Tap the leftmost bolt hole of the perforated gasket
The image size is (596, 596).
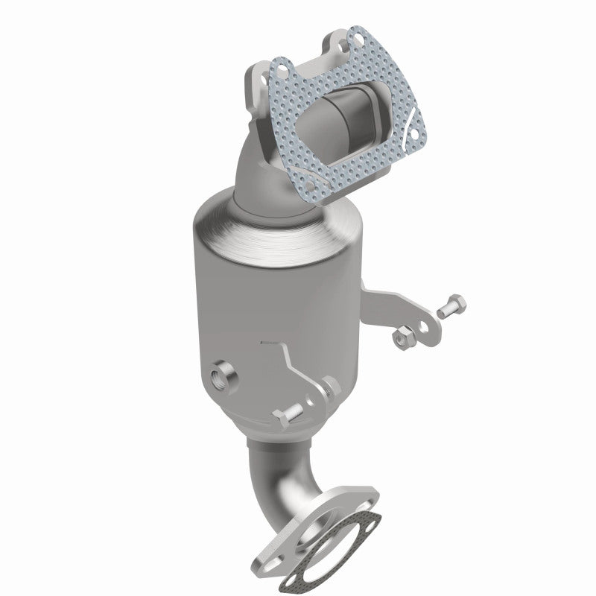[x=284, y=68]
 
